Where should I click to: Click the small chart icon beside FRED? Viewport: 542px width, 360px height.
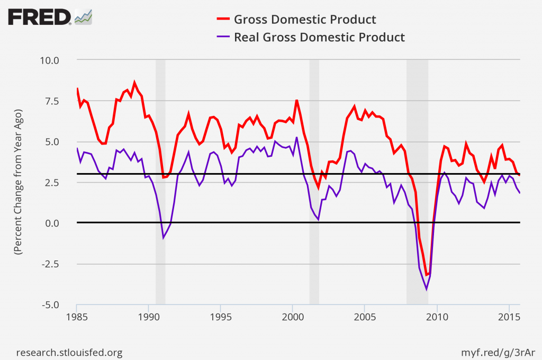[x=84, y=17]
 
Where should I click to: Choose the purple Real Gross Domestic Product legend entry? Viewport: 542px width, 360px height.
[x=319, y=37]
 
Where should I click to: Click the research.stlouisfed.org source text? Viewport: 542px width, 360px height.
[x=70, y=352]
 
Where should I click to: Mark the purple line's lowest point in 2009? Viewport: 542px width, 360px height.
[x=426, y=289]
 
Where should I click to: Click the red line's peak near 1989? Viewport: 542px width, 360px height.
[x=134, y=83]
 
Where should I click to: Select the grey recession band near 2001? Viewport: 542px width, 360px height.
[x=314, y=182]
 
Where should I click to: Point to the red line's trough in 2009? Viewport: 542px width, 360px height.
[x=426, y=275]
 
